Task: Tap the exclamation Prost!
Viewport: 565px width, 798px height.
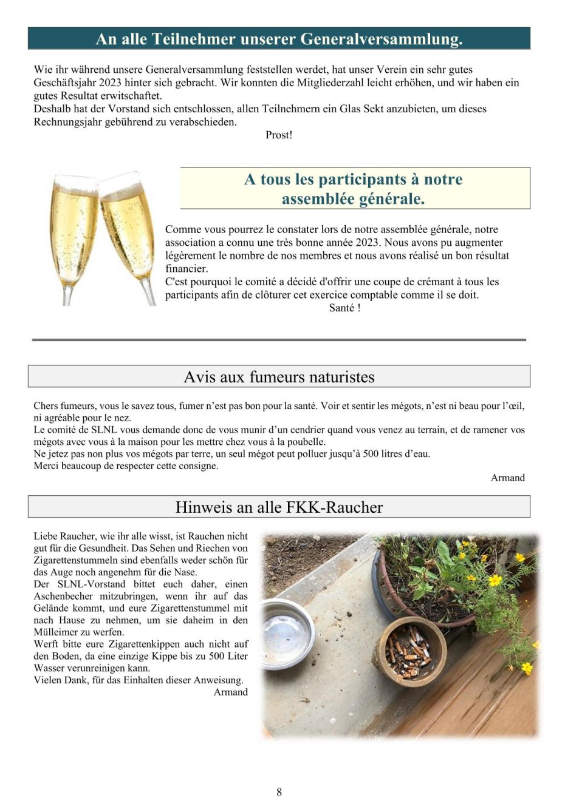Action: [279, 135]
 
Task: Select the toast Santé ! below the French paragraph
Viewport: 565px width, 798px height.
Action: [344, 308]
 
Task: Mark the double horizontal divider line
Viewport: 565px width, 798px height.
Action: [279, 340]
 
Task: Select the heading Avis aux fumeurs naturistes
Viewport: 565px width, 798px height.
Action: [279, 377]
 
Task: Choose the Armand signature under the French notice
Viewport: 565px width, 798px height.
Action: [507, 478]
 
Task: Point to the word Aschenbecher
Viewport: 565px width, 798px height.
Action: [61, 596]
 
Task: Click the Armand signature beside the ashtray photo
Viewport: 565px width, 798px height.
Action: [230, 692]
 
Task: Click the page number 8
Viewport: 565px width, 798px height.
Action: [279, 791]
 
